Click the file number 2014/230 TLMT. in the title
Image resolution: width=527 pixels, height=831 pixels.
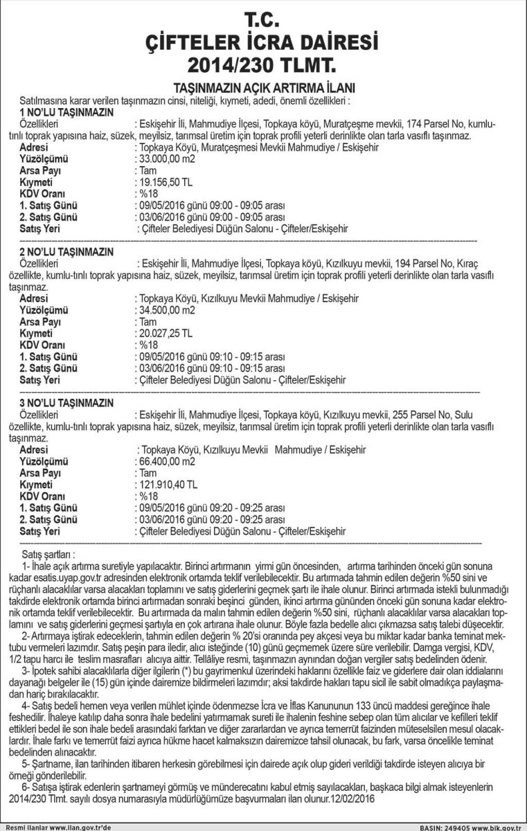coord(263,66)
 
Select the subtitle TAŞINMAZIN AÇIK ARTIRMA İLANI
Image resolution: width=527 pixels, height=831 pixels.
coord(263,88)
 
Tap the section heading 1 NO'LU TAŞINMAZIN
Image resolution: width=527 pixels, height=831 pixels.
coord(66,111)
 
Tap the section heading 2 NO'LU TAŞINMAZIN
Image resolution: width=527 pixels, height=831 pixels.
coord(66,251)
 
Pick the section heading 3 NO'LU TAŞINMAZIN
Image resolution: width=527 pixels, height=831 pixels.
coord(66,402)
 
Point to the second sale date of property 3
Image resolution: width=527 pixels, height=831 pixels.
coord(160,519)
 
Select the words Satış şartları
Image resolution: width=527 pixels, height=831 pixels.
coord(48,555)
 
